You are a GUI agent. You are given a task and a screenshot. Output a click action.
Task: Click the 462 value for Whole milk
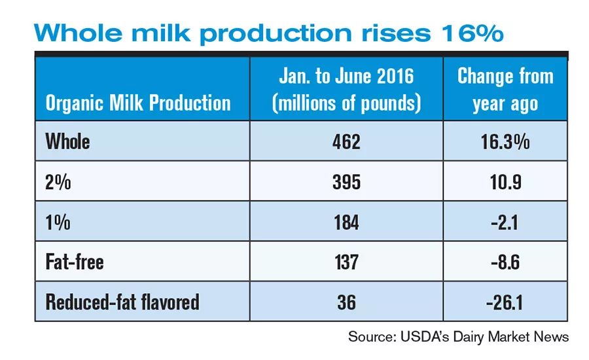coord(346,141)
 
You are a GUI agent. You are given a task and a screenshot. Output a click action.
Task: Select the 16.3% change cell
coord(505,141)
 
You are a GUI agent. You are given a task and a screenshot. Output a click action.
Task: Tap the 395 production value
coord(346,182)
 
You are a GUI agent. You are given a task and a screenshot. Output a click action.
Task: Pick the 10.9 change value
coord(506,182)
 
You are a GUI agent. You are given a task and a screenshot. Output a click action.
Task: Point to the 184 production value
coord(346,222)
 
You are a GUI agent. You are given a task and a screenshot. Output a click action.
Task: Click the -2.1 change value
coord(505,222)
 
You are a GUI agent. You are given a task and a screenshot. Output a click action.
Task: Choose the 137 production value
coord(346,262)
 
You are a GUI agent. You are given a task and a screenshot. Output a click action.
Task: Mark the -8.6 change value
coord(505,262)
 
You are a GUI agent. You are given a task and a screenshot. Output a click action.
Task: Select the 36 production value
coord(346,302)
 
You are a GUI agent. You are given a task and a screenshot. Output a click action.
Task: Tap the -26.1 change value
coord(505,302)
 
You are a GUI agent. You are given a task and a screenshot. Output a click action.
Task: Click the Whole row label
coord(67,141)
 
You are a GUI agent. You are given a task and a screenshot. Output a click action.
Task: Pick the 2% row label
coord(58,182)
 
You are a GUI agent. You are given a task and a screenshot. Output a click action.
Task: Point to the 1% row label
coord(58,222)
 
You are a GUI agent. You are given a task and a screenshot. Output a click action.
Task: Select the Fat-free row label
coord(75,262)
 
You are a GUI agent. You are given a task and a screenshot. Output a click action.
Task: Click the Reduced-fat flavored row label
coord(122,302)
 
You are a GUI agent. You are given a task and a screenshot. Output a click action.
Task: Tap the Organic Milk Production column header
coord(138,103)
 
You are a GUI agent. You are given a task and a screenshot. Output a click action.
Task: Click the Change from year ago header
coord(505,90)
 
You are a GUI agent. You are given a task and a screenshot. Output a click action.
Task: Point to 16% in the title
coord(473,33)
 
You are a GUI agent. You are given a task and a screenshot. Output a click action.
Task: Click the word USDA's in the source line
coord(425,336)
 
